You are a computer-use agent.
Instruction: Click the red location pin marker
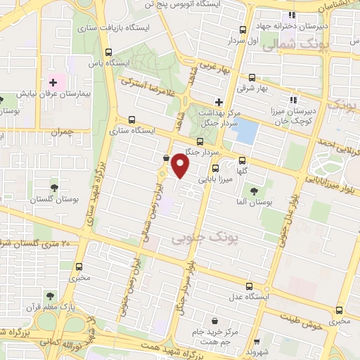[181, 166]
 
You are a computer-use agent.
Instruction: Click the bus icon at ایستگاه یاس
[108, 51]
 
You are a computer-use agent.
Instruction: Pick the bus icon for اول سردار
[243, 30]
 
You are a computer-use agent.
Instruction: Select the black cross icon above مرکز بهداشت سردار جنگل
[219, 102]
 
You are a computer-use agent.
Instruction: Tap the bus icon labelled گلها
[243, 159]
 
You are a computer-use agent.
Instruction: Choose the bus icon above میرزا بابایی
[215, 168]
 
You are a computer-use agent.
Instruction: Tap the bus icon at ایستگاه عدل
[252, 285]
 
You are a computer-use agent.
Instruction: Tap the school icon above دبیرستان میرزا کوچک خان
[292, 100]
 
